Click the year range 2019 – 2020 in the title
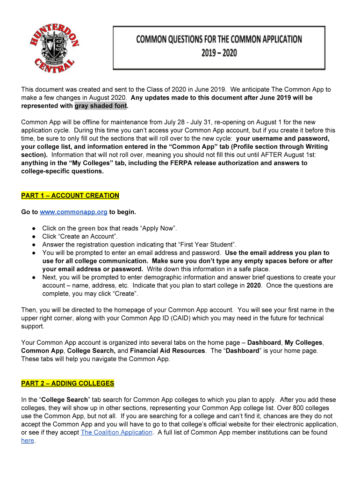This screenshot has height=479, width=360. [x=219, y=53]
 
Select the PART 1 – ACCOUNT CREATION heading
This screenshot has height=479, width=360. [x=70, y=196]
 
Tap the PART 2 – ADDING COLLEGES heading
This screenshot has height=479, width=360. [x=68, y=384]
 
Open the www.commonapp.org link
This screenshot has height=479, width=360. [x=74, y=212]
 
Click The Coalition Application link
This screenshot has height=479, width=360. [x=117, y=432]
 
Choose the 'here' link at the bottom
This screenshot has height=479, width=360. [x=28, y=441]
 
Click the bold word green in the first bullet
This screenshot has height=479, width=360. [x=86, y=228]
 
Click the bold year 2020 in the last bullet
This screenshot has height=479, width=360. [x=253, y=285]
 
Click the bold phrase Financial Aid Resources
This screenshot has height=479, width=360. [x=167, y=350]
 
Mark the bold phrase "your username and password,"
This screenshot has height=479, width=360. [x=283, y=138]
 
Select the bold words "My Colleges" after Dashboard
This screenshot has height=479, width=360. [x=303, y=342]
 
